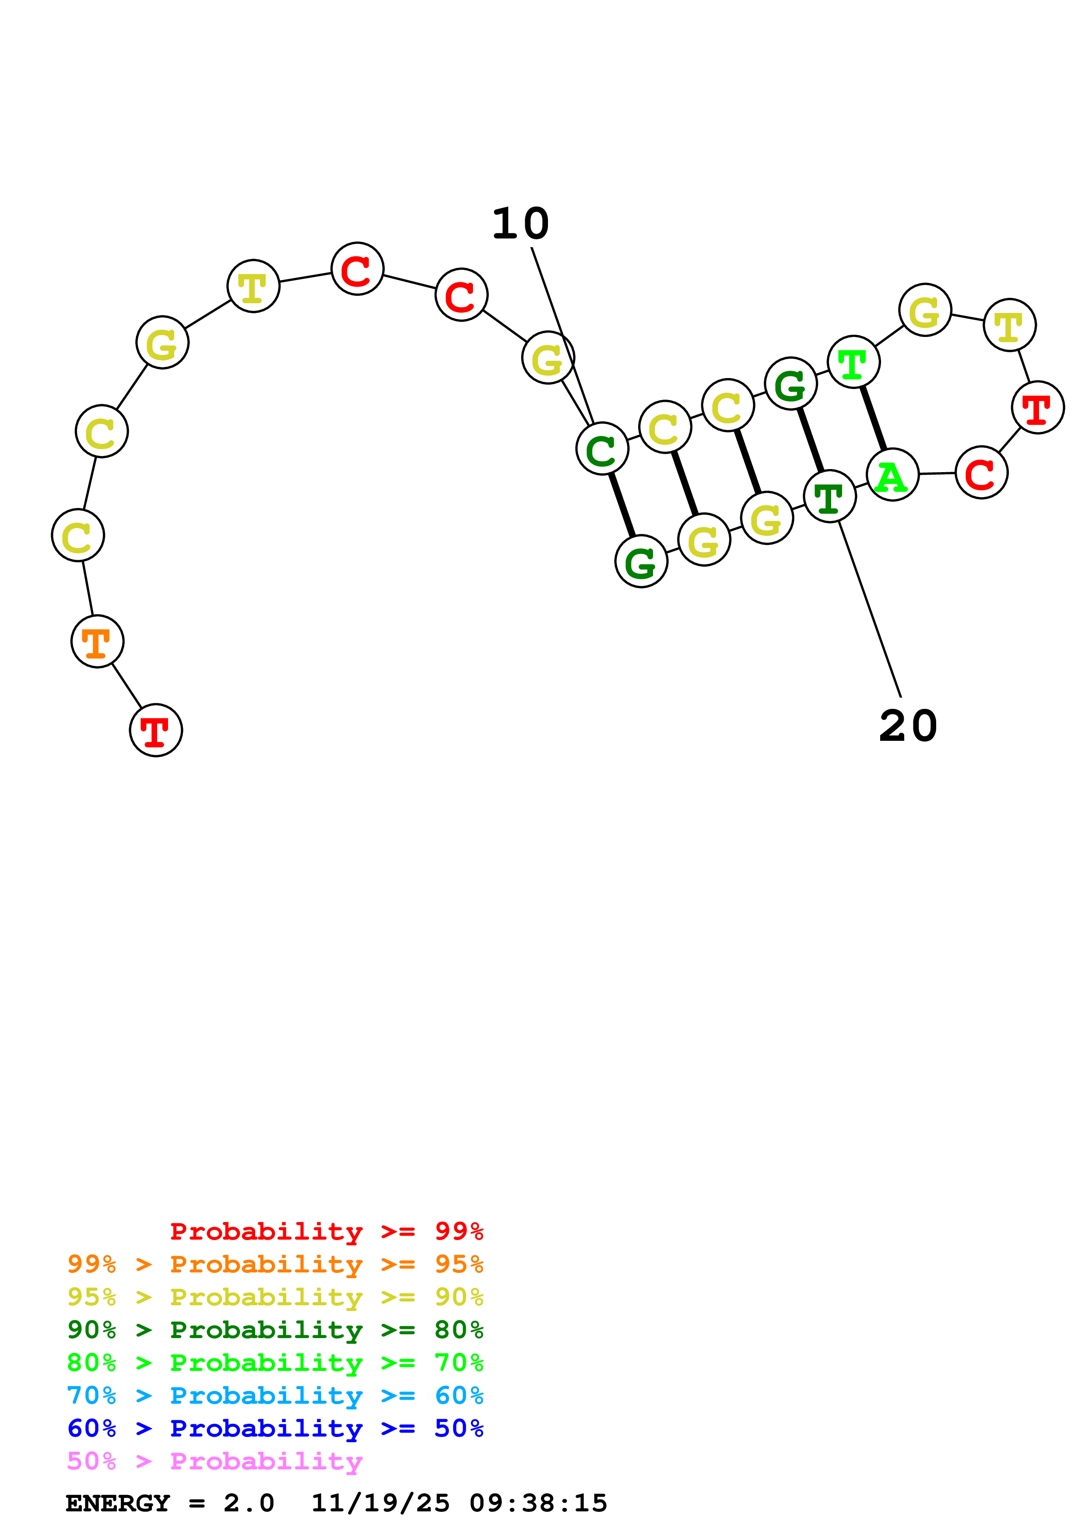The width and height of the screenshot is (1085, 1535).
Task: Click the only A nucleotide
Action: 892,475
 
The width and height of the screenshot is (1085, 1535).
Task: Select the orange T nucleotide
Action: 98,641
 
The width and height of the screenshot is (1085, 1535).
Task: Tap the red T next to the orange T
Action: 156,730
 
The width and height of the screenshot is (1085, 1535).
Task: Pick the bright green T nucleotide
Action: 853,362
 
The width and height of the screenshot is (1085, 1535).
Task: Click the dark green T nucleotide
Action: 830,496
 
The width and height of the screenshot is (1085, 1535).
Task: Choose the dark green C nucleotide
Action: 602,449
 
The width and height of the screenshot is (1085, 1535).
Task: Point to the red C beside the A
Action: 981,473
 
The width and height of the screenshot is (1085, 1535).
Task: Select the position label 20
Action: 908,726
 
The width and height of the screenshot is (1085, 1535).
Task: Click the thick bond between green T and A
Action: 873,418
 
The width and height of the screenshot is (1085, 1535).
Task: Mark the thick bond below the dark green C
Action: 622,505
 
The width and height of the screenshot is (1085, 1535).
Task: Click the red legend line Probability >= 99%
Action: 326,1231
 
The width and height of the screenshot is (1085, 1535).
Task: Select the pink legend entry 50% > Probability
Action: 214,1461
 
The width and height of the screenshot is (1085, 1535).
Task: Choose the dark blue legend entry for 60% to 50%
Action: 275,1428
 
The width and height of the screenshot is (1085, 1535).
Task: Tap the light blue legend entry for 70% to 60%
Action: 275,1395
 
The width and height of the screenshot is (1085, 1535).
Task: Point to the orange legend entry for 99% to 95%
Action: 275,1264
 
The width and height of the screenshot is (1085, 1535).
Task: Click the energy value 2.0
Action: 249,1503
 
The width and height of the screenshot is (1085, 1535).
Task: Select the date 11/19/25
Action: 380,1503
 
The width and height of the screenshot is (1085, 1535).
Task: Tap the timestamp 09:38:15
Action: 538,1503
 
